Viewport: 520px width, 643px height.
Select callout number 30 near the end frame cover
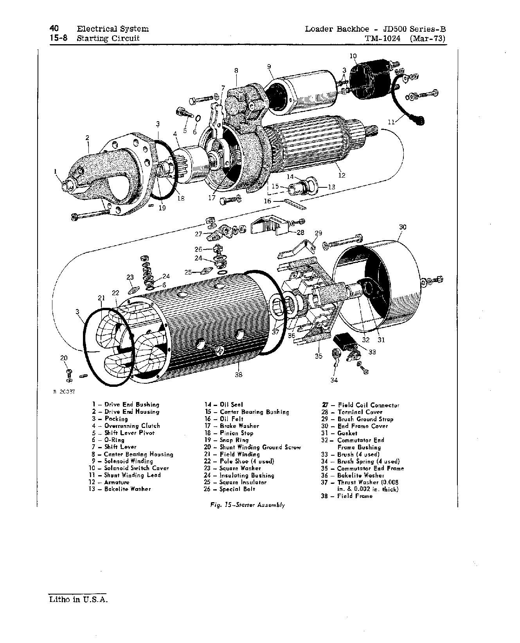(x=403, y=227)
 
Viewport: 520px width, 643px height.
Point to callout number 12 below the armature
(x=342, y=175)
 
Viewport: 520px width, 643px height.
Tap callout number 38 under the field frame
(x=238, y=374)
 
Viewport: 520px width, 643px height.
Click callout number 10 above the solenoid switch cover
(x=353, y=56)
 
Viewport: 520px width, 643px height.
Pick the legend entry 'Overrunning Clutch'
(x=132, y=426)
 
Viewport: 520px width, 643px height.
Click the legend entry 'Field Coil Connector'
(x=368, y=405)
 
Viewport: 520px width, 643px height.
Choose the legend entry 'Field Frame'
(x=355, y=496)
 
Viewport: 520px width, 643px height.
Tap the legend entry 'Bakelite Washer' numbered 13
(x=127, y=489)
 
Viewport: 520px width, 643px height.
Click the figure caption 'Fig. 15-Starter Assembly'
(x=247, y=505)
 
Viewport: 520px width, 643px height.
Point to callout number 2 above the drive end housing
(x=87, y=138)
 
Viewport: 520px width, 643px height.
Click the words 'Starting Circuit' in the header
(x=108, y=38)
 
